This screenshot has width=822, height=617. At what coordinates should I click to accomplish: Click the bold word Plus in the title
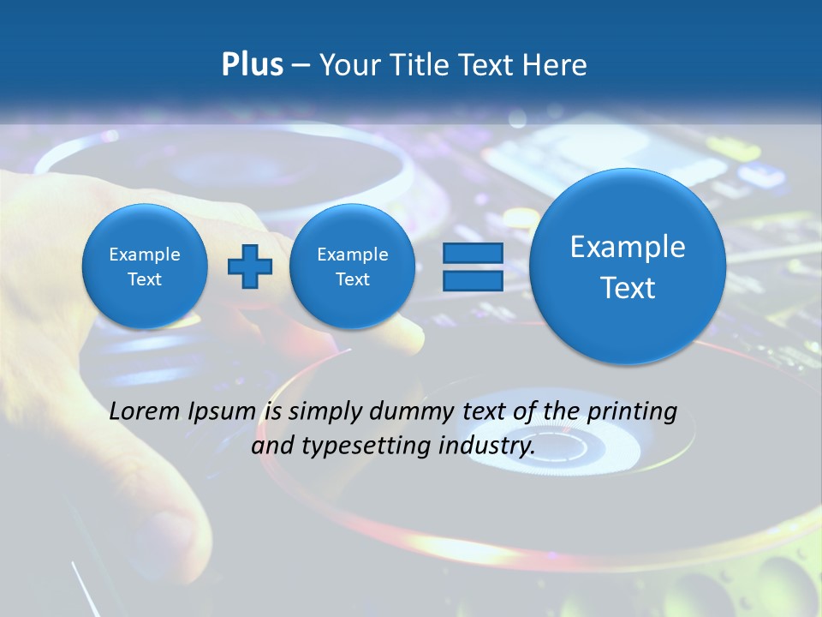point(252,64)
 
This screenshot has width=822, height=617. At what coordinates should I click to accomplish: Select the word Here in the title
point(557,64)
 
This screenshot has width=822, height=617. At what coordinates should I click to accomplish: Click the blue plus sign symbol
point(250,267)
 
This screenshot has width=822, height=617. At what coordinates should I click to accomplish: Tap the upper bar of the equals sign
point(472,253)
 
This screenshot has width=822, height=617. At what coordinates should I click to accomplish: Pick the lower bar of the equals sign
point(472,281)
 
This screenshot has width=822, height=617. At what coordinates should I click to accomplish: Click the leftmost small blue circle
point(145,267)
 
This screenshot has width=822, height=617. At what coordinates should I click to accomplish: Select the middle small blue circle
point(352,267)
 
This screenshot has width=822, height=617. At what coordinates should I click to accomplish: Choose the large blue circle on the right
point(628,267)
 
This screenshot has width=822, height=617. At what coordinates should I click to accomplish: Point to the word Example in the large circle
point(628,247)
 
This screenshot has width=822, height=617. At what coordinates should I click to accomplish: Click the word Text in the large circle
point(628,288)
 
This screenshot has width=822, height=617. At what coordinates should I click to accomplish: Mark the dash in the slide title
point(301,65)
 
